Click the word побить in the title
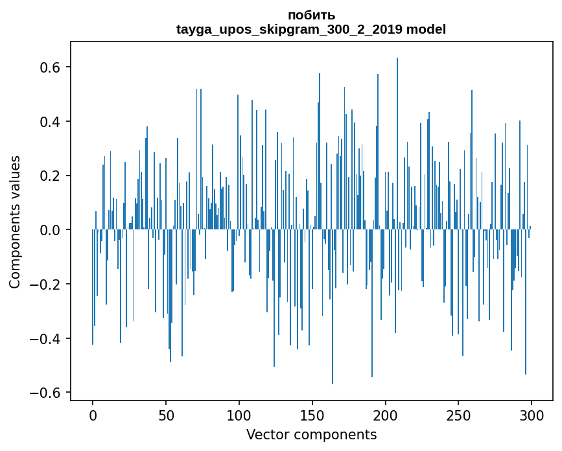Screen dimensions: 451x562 coord(311,15)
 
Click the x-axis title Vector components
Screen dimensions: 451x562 coord(311,434)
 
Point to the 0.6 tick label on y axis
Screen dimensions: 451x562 coord(49,67)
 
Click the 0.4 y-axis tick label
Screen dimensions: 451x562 coord(49,122)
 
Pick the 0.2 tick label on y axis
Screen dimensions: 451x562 coord(49,176)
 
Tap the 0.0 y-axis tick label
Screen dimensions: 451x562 coord(49,230)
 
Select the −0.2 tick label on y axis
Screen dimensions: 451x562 coord(43,284)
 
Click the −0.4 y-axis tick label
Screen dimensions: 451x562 coord(43,338)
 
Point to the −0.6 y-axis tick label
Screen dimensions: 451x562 coord(43,393)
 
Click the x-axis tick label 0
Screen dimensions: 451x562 coord(93,415)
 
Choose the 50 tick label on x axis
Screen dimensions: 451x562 coord(166,415)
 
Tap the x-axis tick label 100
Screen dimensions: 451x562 coord(239,415)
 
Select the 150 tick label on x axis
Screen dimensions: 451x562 coord(312,415)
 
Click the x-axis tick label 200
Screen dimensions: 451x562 coord(386,415)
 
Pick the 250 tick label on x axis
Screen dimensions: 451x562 coord(458,415)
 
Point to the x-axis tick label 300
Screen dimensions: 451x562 coord(532,415)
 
